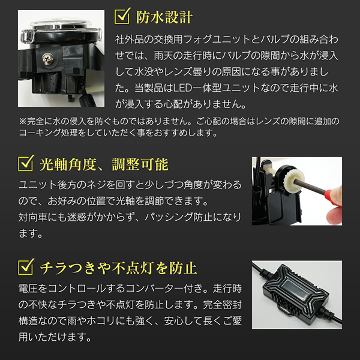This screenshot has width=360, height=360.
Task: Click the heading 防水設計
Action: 164,17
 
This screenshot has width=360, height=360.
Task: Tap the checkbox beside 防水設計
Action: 122,16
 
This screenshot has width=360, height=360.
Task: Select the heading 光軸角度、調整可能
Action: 104,164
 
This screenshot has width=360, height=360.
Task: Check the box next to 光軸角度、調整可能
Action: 26,163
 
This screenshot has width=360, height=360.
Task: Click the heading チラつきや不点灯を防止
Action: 118,268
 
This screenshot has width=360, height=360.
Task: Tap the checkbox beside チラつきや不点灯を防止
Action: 26,267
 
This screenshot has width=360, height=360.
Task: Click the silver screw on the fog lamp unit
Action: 48,59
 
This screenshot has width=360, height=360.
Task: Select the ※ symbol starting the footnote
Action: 23,121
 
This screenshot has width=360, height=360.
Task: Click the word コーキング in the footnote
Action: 40,133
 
